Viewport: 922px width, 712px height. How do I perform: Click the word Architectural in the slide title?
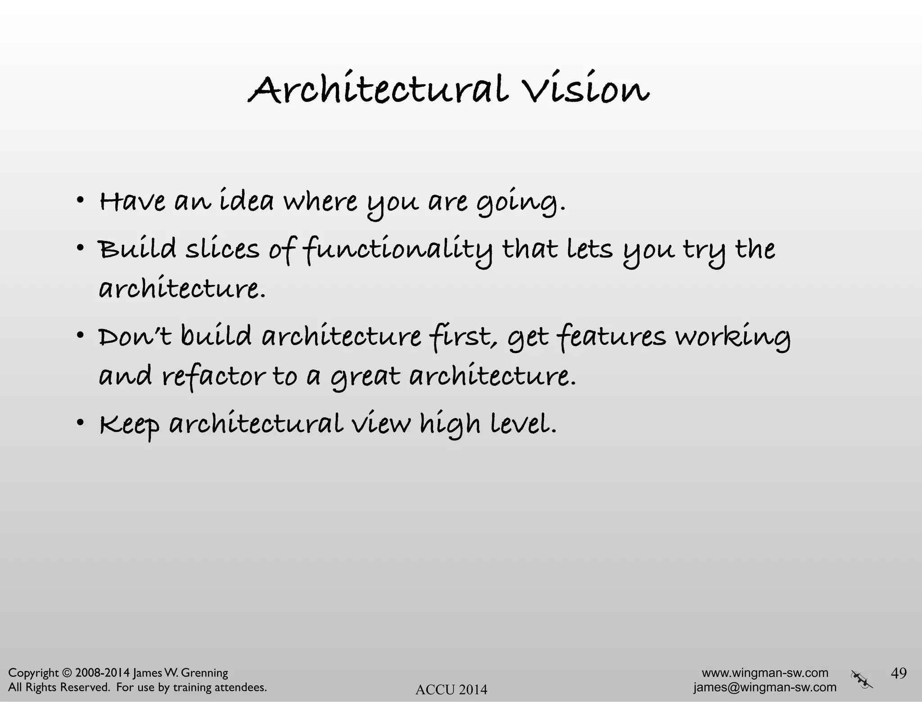tap(378, 89)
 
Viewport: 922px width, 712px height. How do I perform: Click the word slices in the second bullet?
tap(222, 249)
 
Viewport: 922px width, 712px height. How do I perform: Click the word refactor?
tap(214, 377)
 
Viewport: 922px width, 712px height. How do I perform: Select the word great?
tap(365, 377)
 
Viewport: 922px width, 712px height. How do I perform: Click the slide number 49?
tap(899, 673)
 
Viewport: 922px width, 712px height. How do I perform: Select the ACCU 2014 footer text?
tap(451, 689)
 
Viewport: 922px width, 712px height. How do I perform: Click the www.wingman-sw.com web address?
tap(765, 673)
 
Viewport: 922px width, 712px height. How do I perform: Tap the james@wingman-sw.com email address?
tap(765, 687)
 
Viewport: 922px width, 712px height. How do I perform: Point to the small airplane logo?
tap(862, 679)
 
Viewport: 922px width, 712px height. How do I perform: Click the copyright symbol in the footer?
tap(67, 673)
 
